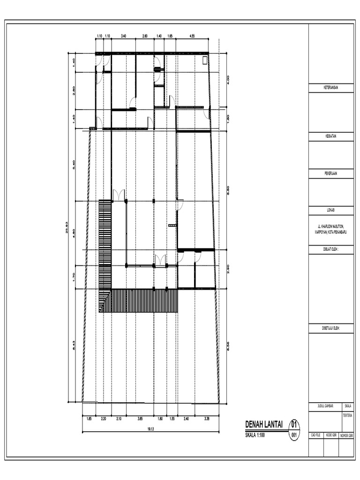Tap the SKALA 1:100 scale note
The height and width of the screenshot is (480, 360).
point(255,435)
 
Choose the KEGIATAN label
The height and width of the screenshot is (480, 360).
point(331,136)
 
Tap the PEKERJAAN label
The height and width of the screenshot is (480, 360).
point(331,172)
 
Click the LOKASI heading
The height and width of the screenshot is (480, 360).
point(331,210)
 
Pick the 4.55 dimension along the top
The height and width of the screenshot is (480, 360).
point(192,36)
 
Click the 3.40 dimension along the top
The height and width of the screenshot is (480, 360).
point(123,36)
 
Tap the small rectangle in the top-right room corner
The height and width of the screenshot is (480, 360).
point(204,61)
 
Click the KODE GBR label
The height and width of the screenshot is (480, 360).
point(331,436)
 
